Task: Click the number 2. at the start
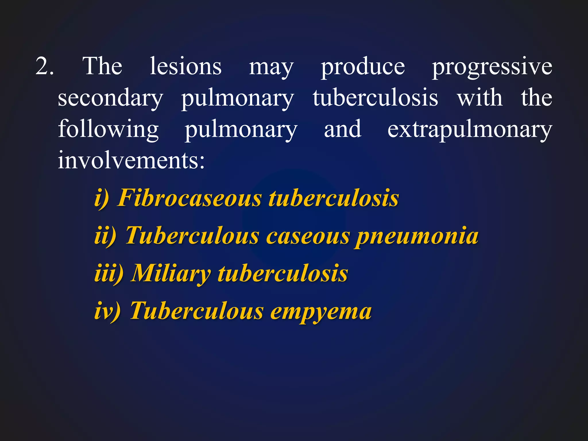point(45,66)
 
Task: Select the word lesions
point(186,66)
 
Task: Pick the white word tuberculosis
point(376,98)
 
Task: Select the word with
point(480,98)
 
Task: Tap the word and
point(343,129)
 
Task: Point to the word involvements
point(131,160)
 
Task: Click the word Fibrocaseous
point(189,198)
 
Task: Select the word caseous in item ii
point(308,236)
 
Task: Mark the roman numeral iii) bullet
point(109,273)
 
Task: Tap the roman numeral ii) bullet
point(105,236)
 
